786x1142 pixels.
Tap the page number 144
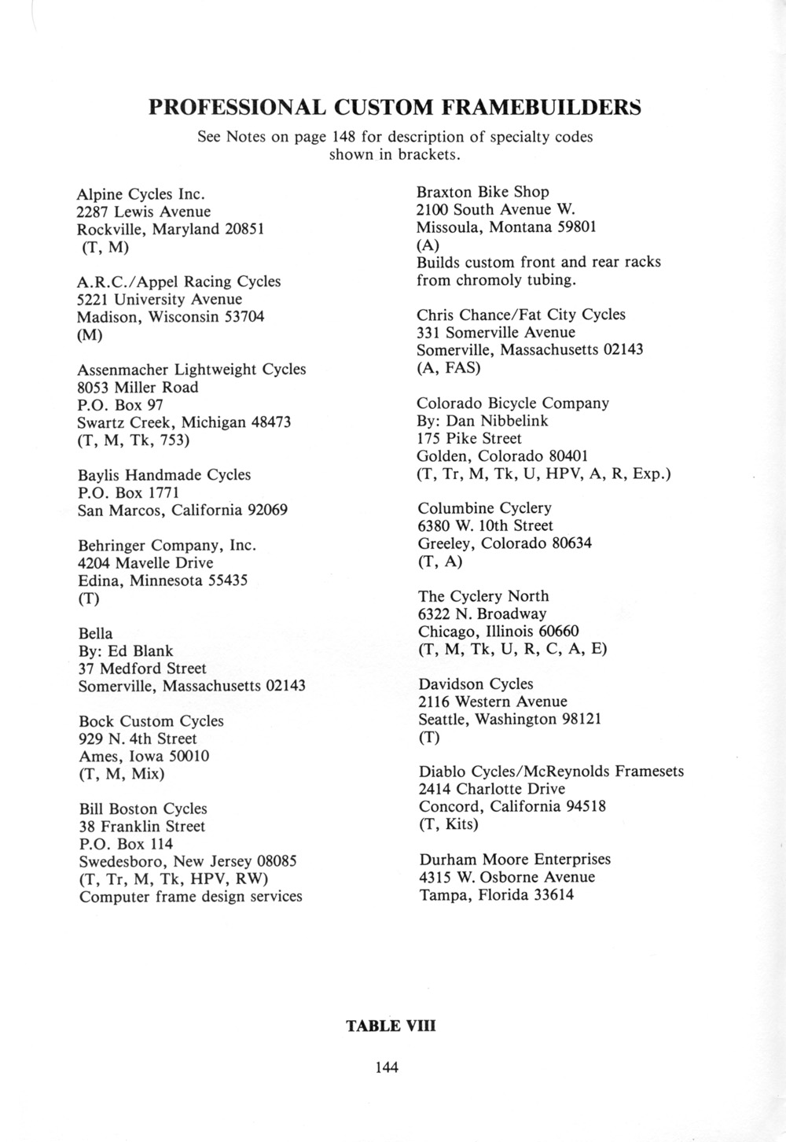[x=387, y=1067]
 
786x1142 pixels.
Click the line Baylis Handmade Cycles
[x=164, y=475]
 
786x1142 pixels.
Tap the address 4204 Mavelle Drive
[x=145, y=563]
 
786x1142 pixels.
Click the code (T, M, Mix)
[x=122, y=774]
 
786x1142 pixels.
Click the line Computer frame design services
[x=190, y=897]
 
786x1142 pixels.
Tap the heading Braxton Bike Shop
[x=483, y=192]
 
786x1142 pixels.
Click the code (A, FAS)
[x=448, y=367]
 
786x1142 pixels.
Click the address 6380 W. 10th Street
[x=485, y=525]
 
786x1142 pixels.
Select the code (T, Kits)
[x=448, y=824]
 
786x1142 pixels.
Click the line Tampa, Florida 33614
[x=497, y=894]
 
